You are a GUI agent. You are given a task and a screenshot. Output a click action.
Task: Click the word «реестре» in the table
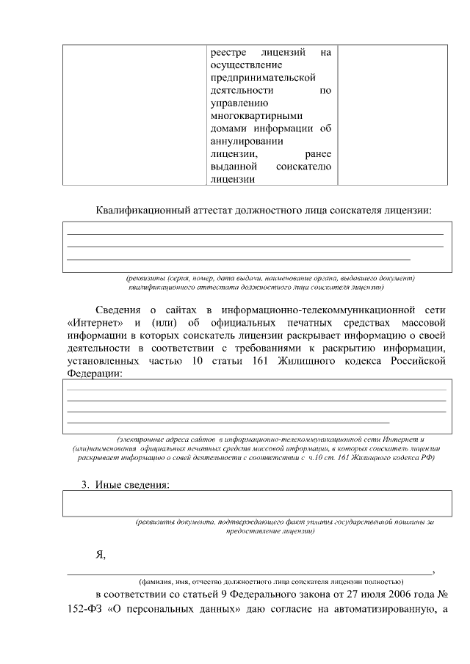(x=228, y=53)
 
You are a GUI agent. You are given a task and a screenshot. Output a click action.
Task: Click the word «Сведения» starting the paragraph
(x=118, y=310)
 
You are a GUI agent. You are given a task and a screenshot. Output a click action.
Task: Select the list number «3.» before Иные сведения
(x=86, y=485)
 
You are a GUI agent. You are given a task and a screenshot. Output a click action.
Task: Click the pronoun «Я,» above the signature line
(x=101, y=555)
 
